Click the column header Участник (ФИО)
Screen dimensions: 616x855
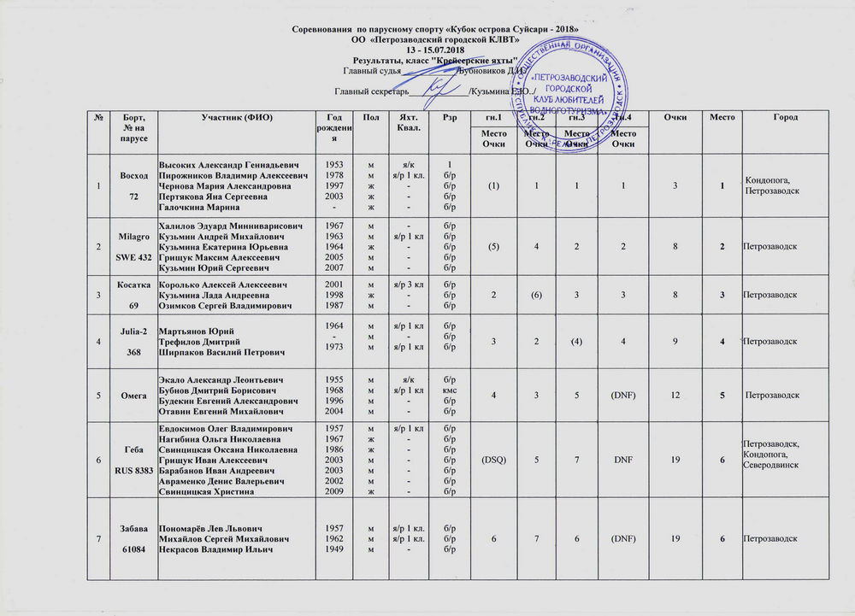235,116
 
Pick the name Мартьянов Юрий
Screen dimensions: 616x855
197,331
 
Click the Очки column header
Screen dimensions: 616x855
675,116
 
